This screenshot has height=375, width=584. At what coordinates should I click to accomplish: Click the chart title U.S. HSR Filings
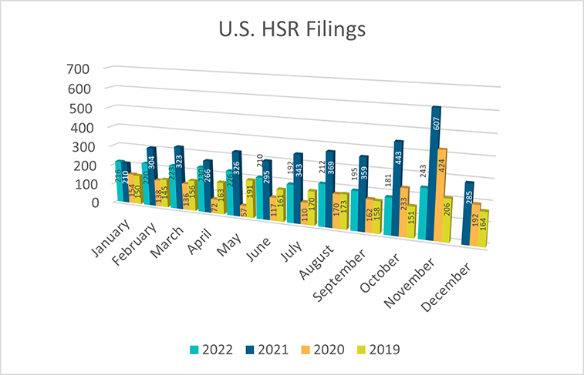[x=292, y=32]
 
